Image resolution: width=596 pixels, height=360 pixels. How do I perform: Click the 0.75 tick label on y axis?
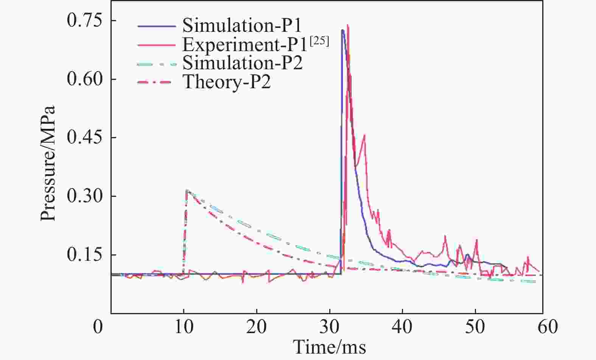tap(84, 20)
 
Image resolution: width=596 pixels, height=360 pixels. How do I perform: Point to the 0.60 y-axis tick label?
tap(84, 79)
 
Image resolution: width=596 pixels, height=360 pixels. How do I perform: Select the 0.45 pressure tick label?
tap(84, 137)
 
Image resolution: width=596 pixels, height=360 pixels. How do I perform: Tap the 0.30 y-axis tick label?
tap(84, 196)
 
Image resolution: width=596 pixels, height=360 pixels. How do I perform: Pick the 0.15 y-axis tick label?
tap(84, 255)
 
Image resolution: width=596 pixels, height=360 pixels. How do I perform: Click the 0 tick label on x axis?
tap(98, 326)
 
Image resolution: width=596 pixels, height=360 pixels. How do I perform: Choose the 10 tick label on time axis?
tap(184, 326)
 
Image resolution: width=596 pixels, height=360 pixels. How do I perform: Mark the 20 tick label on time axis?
tap(257, 326)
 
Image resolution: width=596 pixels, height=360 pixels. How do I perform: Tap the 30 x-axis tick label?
tap(330, 326)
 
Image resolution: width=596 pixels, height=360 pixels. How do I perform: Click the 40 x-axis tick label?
tap(402, 326)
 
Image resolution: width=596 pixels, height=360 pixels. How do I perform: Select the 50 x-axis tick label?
tap(475, 326)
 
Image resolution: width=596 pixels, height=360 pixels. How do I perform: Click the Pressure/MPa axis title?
tap(48, 163)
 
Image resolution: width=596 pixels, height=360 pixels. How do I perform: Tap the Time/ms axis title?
tap(330, 346)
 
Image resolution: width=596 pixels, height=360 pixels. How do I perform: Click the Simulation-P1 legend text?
tap(242, 26)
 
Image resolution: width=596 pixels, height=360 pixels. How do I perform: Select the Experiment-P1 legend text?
tap(244, 45)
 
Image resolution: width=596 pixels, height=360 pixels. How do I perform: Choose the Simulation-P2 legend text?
tap(243, 63)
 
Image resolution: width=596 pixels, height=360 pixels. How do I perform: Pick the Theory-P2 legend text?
tap(227, 82)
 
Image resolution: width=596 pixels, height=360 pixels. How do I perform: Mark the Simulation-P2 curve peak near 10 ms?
tap(187, 190)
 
